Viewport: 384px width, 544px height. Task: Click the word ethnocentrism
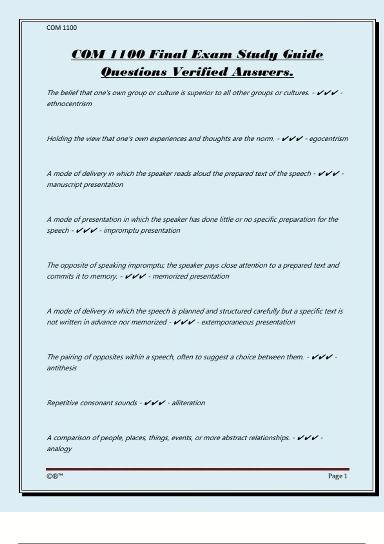[69, 104]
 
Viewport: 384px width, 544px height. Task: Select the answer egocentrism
[329, 139]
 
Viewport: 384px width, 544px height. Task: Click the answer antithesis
[62, 368]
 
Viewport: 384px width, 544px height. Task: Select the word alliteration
[188, 403]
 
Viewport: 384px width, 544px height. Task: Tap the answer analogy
[59, 449]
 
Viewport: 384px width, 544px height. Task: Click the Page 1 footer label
[337, 476]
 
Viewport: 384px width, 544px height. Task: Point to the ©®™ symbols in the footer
[55, 476]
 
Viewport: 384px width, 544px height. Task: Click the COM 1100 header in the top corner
[62, 28]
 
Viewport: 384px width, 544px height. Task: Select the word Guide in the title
[303, 54]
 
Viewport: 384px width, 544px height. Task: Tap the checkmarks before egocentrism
[292, 139]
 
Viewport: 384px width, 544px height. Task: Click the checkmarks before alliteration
[155, 403]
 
